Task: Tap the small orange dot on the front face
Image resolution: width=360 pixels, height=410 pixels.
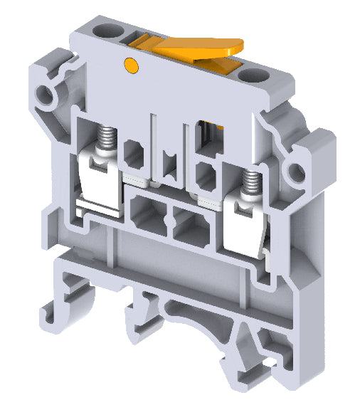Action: [x=130, y=66]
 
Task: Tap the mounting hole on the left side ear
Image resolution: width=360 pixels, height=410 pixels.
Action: [x=48, y=93]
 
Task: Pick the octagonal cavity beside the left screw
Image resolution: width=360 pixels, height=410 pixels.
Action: [x=133, y=152]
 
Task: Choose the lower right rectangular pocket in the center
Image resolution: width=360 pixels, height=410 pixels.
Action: [x=186, y=224]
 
